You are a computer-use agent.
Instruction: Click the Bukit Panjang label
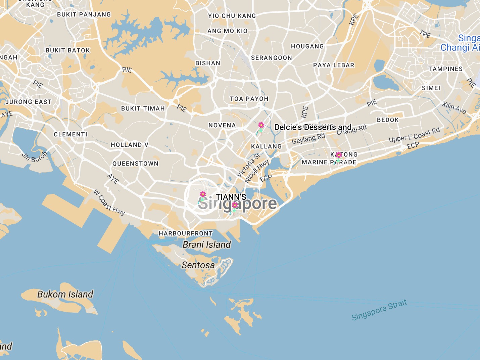coord(84,14)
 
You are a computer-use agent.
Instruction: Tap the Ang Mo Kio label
coord(227,31)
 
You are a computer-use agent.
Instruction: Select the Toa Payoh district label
coord(249,99)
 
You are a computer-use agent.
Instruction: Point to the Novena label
coord(222,125)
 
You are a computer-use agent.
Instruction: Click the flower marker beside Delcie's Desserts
coord(261,127)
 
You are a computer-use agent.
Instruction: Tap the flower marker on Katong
coord(338,156)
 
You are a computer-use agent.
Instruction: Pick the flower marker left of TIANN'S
coord(202,196)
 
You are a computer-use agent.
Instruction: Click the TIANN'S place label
coord(231,197)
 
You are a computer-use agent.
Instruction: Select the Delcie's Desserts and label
coord(313,127)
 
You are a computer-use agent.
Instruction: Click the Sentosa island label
coord(198,265)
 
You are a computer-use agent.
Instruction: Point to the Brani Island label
coord(206,244)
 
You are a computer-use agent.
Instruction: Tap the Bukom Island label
coord(65,294)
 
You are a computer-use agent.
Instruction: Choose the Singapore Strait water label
coord(379,310)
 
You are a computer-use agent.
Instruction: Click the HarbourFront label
coord(186,233)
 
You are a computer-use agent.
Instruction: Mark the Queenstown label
coord(135,164)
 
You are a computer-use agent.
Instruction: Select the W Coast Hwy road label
coord(109,202)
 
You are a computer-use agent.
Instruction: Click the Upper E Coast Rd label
coord(414,135)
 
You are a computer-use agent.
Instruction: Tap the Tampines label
coord(445,69)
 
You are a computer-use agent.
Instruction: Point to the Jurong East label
coord(29,102)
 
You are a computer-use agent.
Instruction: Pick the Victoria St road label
coord(248,165)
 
